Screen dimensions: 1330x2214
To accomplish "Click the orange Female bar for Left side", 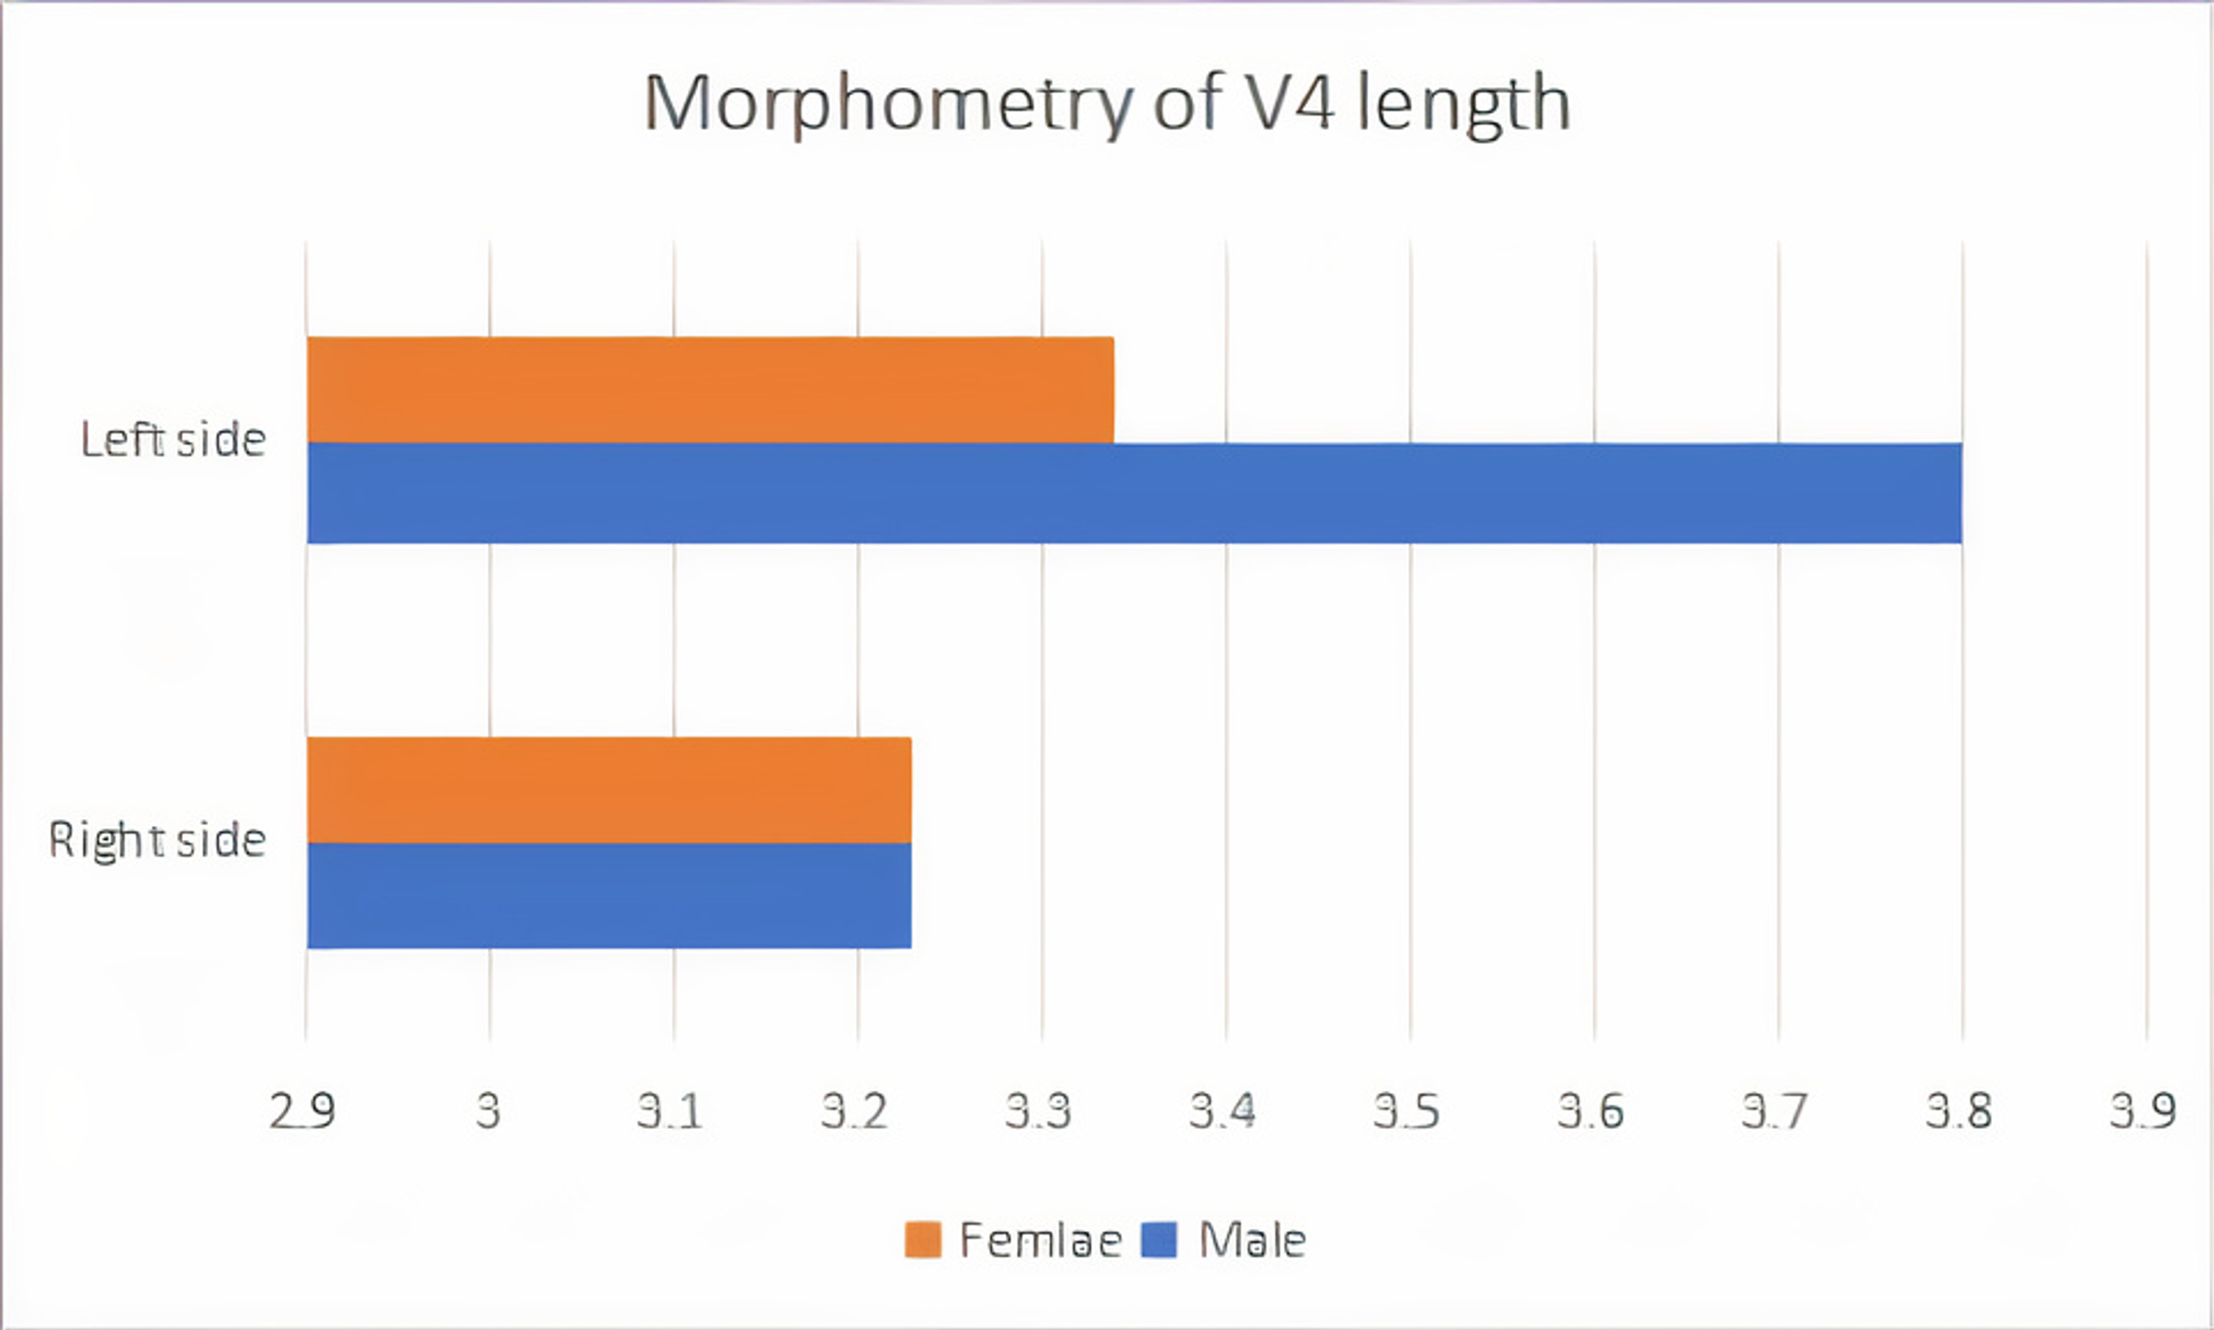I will pyautogui.click(x=710, y=390).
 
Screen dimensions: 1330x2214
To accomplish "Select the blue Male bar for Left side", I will pyautogui.click(x=1134, y=493).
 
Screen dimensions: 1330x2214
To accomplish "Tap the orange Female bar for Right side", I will pyautogui.click(x=610, y=790).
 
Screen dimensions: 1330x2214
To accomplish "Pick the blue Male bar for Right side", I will pyautogui.click(x=610, y=895).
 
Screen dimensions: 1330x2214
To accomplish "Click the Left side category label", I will pyautogui.click(x=173, y=440).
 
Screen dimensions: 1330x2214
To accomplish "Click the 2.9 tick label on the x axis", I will pyautogui.click(x=303, y=1112).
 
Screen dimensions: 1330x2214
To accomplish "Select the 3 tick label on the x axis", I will pyautogui.click(x=489, y=1112).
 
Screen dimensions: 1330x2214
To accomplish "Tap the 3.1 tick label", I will pyautogui.click(x=670, y=1112).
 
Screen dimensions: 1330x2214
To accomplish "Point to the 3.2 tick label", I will pyautogui.click(x=855, y=1112).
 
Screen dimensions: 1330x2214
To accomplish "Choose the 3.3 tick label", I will pyautogui.click(x=1038, y=1112).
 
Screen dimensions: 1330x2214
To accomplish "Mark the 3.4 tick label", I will pyautogui.click(x=1223, y=1112).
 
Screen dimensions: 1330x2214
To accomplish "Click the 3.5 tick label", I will pyautogui.click(x=1407, y=1112).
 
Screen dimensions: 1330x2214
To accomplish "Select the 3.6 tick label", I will pyautogui.click(x=1591, y=1112).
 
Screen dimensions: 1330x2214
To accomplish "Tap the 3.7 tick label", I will pyautogui.click(x=1775, y=1112).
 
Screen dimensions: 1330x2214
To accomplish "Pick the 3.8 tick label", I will pyautogui.click(x=1959, y=1112).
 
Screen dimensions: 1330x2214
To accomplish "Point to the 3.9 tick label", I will pyautogui.click(x=2143, y=1112).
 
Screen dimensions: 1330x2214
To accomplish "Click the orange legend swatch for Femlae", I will pyautogui.click(x=923, y=1241).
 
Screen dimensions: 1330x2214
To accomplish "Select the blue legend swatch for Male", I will pyautogui.click(x=1159, y=1241).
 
